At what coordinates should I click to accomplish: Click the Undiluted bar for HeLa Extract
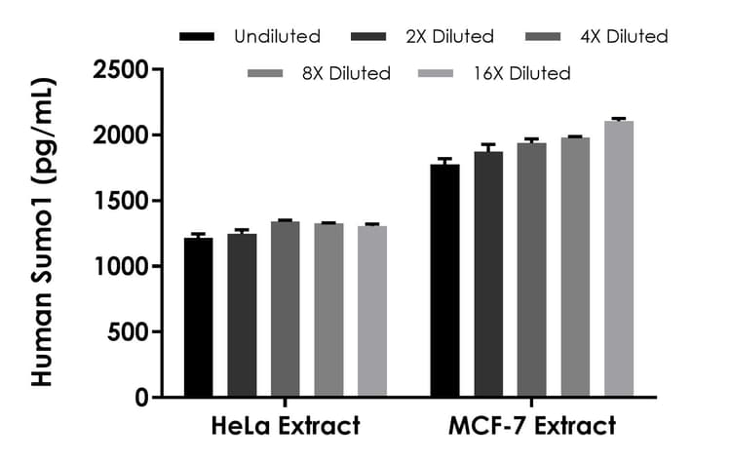[198, 318]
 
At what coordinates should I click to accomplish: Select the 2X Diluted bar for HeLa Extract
[242, 316]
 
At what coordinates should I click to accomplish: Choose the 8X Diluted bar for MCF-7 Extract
[575, 267]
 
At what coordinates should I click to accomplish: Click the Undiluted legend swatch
[198, 37]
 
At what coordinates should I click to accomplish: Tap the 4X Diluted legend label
[624, 37]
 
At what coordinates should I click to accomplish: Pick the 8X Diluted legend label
[346, 73]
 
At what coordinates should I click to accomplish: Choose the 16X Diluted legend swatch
[436, 73]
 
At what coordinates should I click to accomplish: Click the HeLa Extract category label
[285, 427]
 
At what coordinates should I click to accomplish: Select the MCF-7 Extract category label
[532, 427]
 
